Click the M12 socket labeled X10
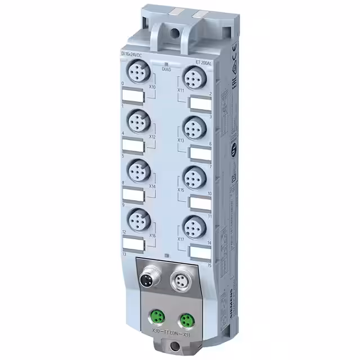[137, 73]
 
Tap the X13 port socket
[192, 125]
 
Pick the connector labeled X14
[137, 169]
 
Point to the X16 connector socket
[137, 218]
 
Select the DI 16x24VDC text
[132, 53]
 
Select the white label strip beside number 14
[200, 251]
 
